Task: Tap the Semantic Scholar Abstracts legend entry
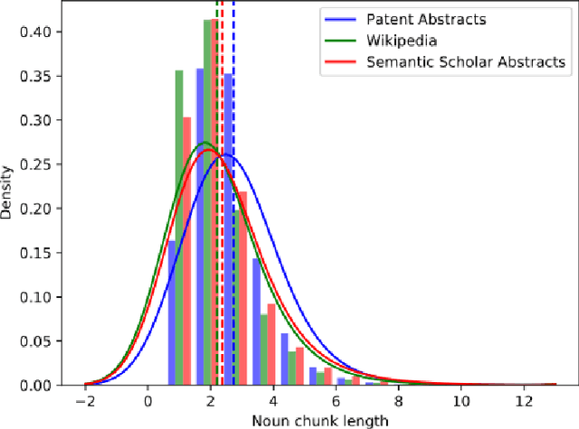coord(465,61)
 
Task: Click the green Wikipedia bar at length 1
coord(179,226)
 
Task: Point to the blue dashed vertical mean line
coord(233,54)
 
